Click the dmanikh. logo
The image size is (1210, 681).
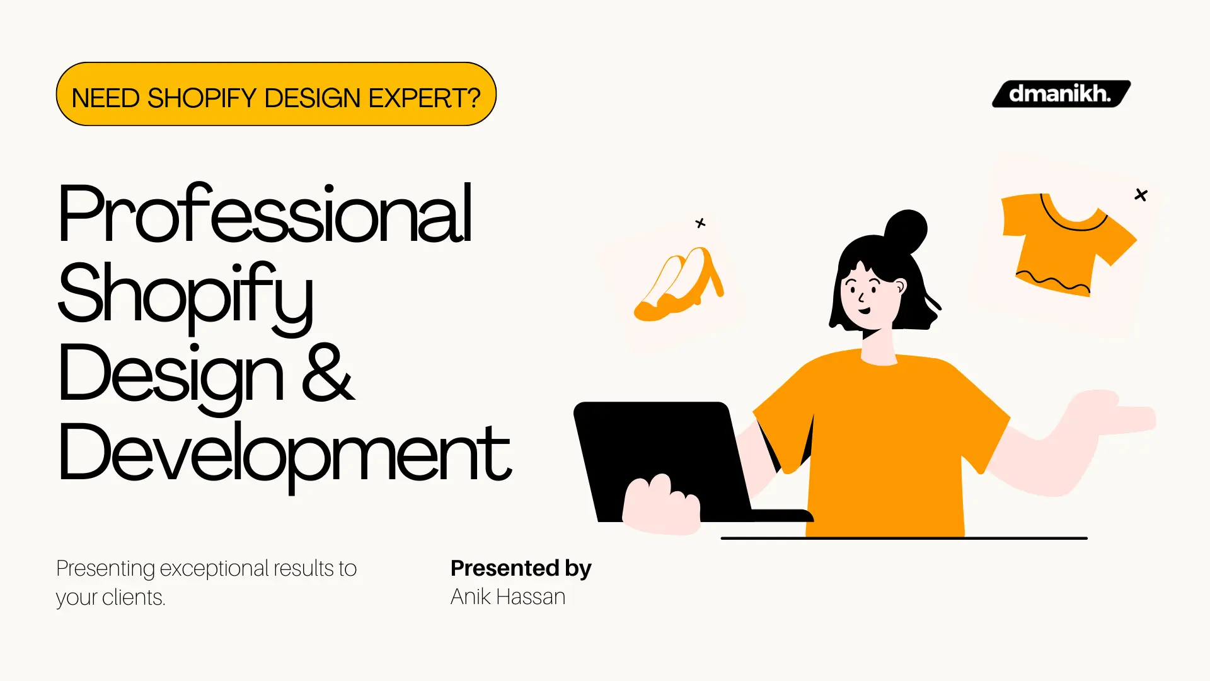pos(1061,94)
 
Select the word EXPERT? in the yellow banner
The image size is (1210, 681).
pos(424,98)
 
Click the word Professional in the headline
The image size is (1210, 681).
pos(265,214)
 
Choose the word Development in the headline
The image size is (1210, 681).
pos(284,454)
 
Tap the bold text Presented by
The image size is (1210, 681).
pos(521,568)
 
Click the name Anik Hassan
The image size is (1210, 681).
pos(507,597)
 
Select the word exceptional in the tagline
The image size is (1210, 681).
pos(214,568)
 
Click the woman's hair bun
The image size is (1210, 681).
pos(906,231)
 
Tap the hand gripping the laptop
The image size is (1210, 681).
pos(662,504)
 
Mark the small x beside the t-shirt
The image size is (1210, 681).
pos(1141,195)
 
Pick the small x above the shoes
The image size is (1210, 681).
pos(700,223)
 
